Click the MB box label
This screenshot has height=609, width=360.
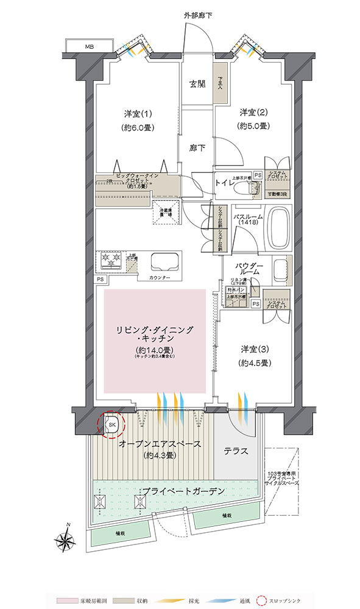[90, 46]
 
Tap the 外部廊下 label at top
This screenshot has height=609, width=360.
[197, 13]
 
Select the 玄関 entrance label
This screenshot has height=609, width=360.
[197, 84]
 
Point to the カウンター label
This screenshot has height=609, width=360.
[160, 278]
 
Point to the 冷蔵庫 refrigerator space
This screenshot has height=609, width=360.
[163, 212]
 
